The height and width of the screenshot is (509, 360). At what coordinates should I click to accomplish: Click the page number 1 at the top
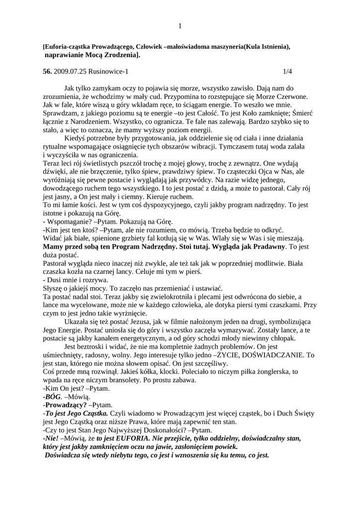coord(180,26)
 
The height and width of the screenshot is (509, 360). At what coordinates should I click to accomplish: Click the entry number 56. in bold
coord(48,72)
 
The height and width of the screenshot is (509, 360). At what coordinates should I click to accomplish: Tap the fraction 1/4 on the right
coord(287,72)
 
